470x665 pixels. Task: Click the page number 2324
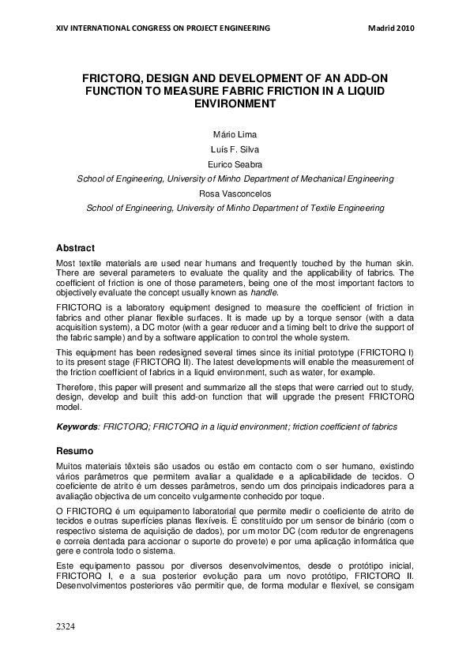click(66, 626)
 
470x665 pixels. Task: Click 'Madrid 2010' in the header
click(391, 28)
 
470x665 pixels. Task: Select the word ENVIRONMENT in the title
click(235, 103)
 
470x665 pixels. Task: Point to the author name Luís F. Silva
click(235, 150)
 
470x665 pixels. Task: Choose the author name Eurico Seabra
click(235, 164)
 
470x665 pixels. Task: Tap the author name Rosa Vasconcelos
click(235, 193)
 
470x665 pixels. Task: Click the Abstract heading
click(76, 247)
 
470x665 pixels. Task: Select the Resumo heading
click(76, 450)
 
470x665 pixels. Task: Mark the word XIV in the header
click(63, 28)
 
